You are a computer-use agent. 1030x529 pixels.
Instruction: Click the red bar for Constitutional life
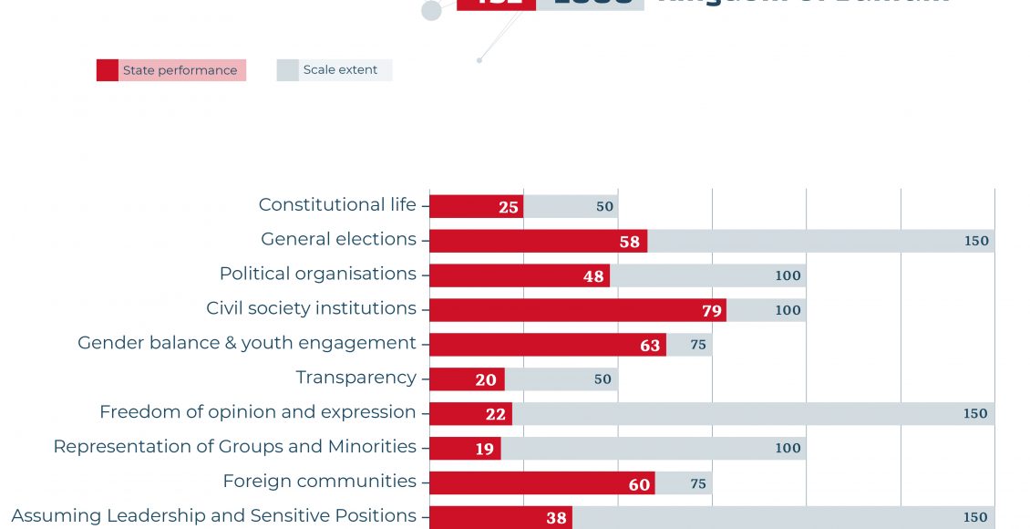pos(476,206)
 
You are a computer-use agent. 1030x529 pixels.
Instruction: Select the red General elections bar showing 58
pos(538,241)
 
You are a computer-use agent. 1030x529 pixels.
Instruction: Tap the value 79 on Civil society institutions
pos(712,311)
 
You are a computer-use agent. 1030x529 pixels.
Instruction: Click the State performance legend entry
pos(171,70)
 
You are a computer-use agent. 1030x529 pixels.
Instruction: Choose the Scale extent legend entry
pos(335,70)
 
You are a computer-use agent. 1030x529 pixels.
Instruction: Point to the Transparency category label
pos(355,378)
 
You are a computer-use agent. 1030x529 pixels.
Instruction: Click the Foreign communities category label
pos(319,482)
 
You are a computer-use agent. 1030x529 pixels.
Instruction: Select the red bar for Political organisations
pos(519,275)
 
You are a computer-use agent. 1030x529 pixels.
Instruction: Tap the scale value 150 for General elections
pos(976,242)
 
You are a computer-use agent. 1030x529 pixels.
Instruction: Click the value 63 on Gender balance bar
pos(650,346)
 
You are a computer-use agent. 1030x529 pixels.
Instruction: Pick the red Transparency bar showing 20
pos(467,379)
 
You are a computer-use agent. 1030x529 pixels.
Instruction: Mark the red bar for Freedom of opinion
pos(470,414)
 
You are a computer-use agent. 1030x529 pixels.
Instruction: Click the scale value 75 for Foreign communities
pos(698,484)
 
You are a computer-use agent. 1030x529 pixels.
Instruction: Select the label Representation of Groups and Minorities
pos(234,447)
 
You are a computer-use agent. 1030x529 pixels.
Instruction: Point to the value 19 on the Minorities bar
pos(484,449)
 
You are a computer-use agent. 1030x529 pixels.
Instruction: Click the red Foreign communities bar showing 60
pos(541,483)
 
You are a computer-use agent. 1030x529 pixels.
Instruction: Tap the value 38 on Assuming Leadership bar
pos(556,518)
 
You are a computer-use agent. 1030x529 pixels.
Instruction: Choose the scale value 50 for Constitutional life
pos(605,207)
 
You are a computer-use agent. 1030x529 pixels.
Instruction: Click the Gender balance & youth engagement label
pos(246,343)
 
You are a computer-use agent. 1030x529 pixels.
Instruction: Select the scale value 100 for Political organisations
pos(788,276)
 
